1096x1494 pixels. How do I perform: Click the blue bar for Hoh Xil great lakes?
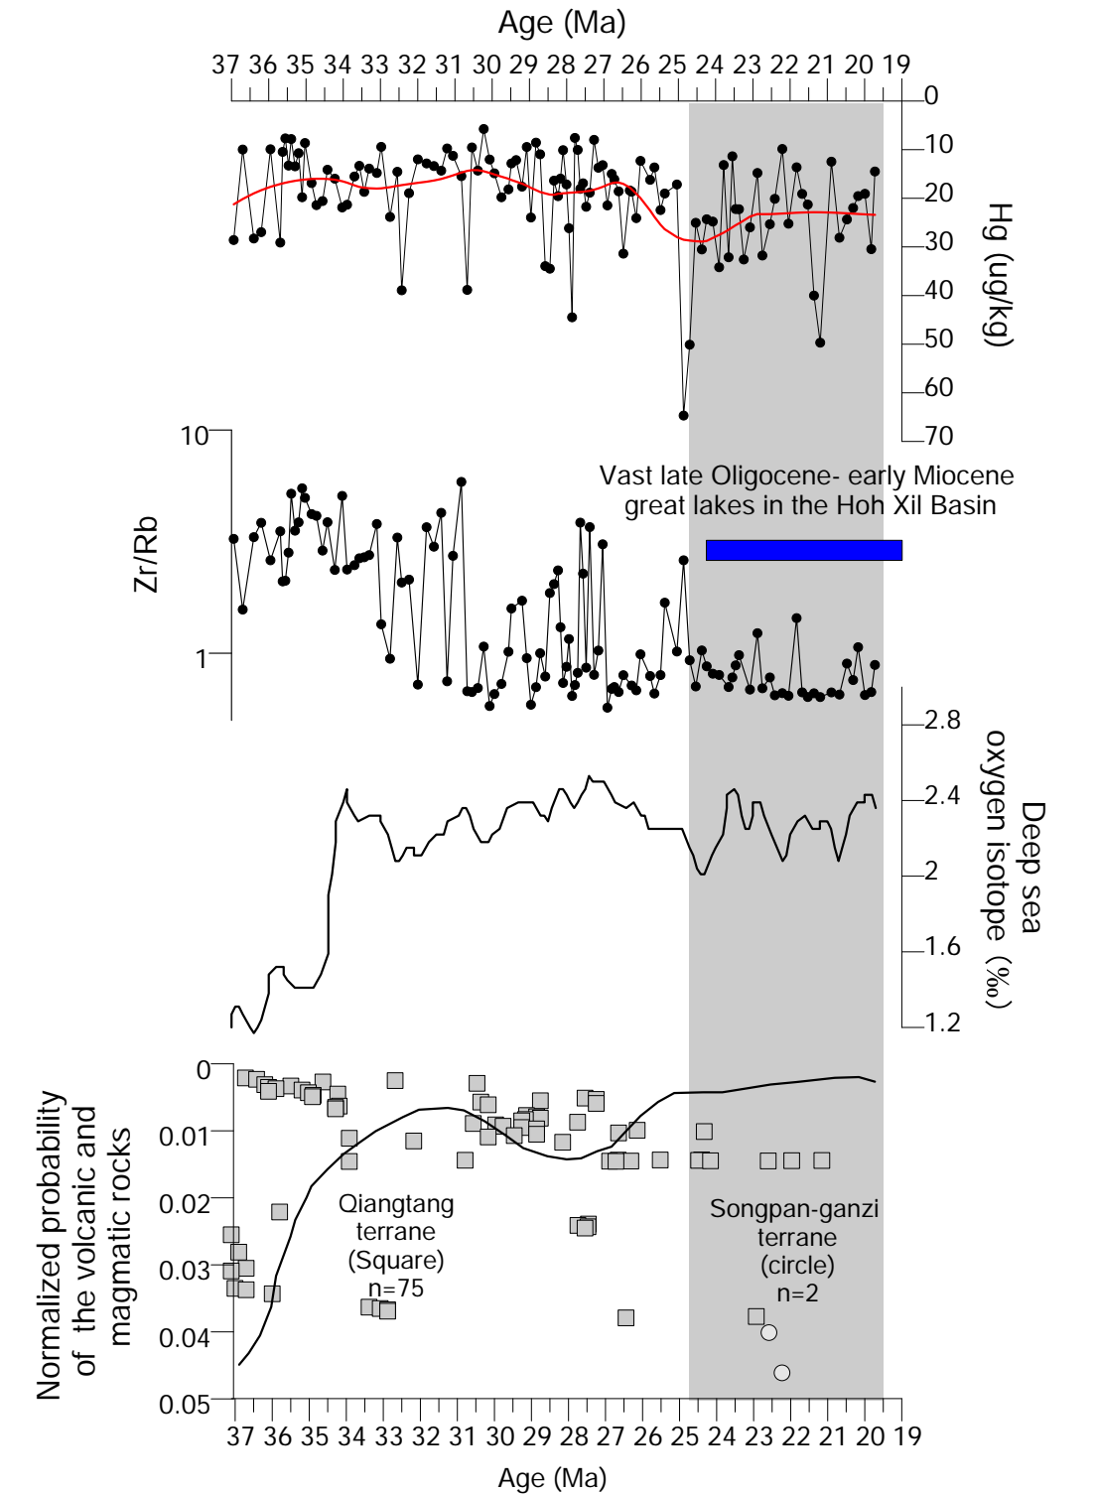[803, 550]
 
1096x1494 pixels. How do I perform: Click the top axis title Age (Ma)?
[562, 22]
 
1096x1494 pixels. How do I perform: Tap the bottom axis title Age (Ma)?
[552, 1478]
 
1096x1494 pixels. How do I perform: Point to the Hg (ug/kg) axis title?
[998, 274]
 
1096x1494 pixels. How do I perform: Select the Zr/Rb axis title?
[147, 555]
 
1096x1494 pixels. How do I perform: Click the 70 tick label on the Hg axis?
[938, 436]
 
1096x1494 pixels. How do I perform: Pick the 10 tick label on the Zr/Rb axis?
[195, 435]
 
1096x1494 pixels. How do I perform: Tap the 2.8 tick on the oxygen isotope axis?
[942, 720]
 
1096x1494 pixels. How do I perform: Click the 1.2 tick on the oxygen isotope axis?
[942, 1022]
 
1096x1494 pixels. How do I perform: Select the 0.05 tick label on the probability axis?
[186, 1405]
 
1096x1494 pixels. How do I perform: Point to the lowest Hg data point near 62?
[683, 415]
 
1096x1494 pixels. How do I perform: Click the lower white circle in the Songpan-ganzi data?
[781, 1373]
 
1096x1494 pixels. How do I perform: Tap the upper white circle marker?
[768, 1332]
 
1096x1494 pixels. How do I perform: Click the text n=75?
[396, 1289]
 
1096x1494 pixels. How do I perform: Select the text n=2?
[797, 1293]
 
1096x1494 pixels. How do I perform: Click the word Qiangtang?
[396, 1204]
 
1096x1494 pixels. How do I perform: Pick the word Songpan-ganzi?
[794, 1209]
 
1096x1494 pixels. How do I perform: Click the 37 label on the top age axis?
[225, 66]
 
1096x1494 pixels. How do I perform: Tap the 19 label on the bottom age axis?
[907, 1436]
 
